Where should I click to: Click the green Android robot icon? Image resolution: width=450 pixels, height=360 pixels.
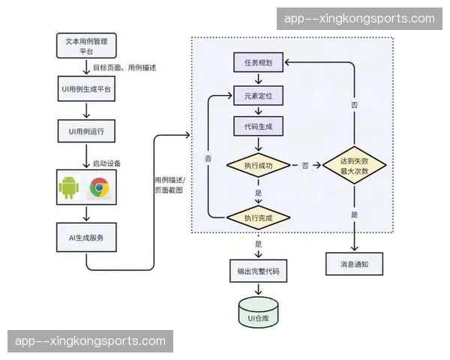(x=68, y=187)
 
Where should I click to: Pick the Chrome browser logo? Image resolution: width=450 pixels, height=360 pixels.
(x=99, y=187)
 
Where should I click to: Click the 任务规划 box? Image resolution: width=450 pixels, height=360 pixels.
(x=258, y=64)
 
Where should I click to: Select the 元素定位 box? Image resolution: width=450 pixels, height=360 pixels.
(x=258, y=96)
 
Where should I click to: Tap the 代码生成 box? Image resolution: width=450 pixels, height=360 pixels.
(x=258, y=127)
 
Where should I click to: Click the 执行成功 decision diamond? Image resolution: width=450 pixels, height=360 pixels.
(x=258, y=164)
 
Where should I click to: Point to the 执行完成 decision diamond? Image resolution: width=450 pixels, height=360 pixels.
(x=258, y=217)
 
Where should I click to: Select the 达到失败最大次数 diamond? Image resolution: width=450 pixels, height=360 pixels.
(x=354, y=165)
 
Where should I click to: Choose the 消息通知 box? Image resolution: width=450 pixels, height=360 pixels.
(x=354, y=264)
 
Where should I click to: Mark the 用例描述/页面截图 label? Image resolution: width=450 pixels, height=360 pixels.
(x=169, y=185)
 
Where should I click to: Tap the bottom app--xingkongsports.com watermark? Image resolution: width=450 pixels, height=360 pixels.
(x=90, y=341)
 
